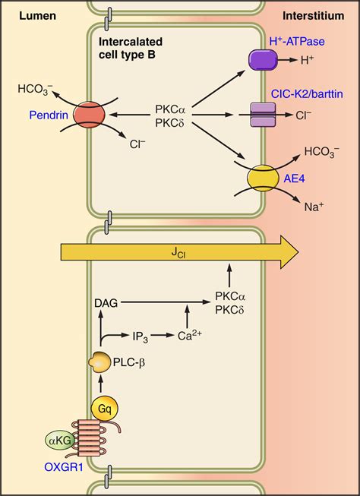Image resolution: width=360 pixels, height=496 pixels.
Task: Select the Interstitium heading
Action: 319,14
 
